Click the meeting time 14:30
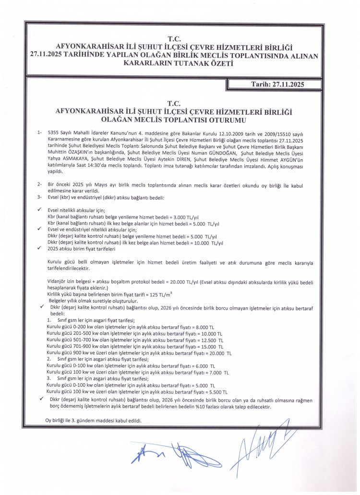point(132,164)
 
